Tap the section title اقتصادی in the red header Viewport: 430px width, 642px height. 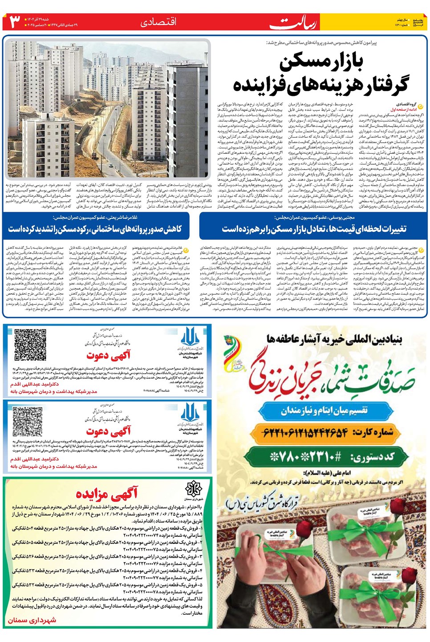coord(158,22)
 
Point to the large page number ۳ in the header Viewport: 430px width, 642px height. coord(15,22)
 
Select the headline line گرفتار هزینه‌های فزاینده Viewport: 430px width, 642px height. coord(320,85)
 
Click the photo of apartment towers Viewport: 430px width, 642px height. coord(107,109)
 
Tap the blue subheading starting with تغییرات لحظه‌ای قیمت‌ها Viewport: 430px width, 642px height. coord(314,229)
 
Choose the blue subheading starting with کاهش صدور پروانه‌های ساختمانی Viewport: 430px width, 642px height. coord(95,229)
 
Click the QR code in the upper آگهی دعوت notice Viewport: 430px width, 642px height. coord(30,345)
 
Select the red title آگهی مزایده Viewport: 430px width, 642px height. coord(107,494)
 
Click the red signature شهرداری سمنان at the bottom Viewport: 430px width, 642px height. coord(32,620)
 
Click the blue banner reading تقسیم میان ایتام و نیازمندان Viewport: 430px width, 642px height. coord(324,410)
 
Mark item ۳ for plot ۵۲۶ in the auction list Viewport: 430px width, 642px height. coord(107,556)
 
